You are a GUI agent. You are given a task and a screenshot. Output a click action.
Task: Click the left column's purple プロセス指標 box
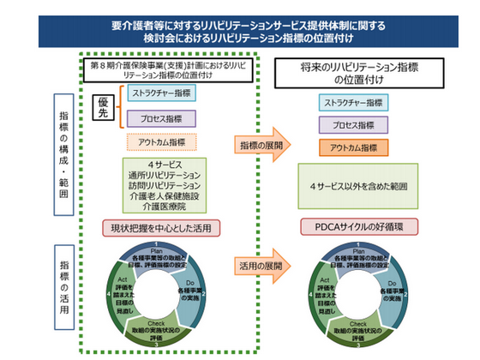[x=162, y=118]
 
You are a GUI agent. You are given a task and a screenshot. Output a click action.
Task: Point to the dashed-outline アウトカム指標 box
[x=162, y=142]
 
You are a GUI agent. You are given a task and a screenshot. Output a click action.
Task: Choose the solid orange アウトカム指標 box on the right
[x=354, y=147]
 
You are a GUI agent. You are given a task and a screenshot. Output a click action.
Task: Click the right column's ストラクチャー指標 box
[x=354, y=103]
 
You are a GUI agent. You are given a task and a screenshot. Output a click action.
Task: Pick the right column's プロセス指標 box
[x=354, y=125]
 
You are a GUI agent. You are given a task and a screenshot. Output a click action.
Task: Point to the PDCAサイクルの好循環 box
[x=354, y=227]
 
